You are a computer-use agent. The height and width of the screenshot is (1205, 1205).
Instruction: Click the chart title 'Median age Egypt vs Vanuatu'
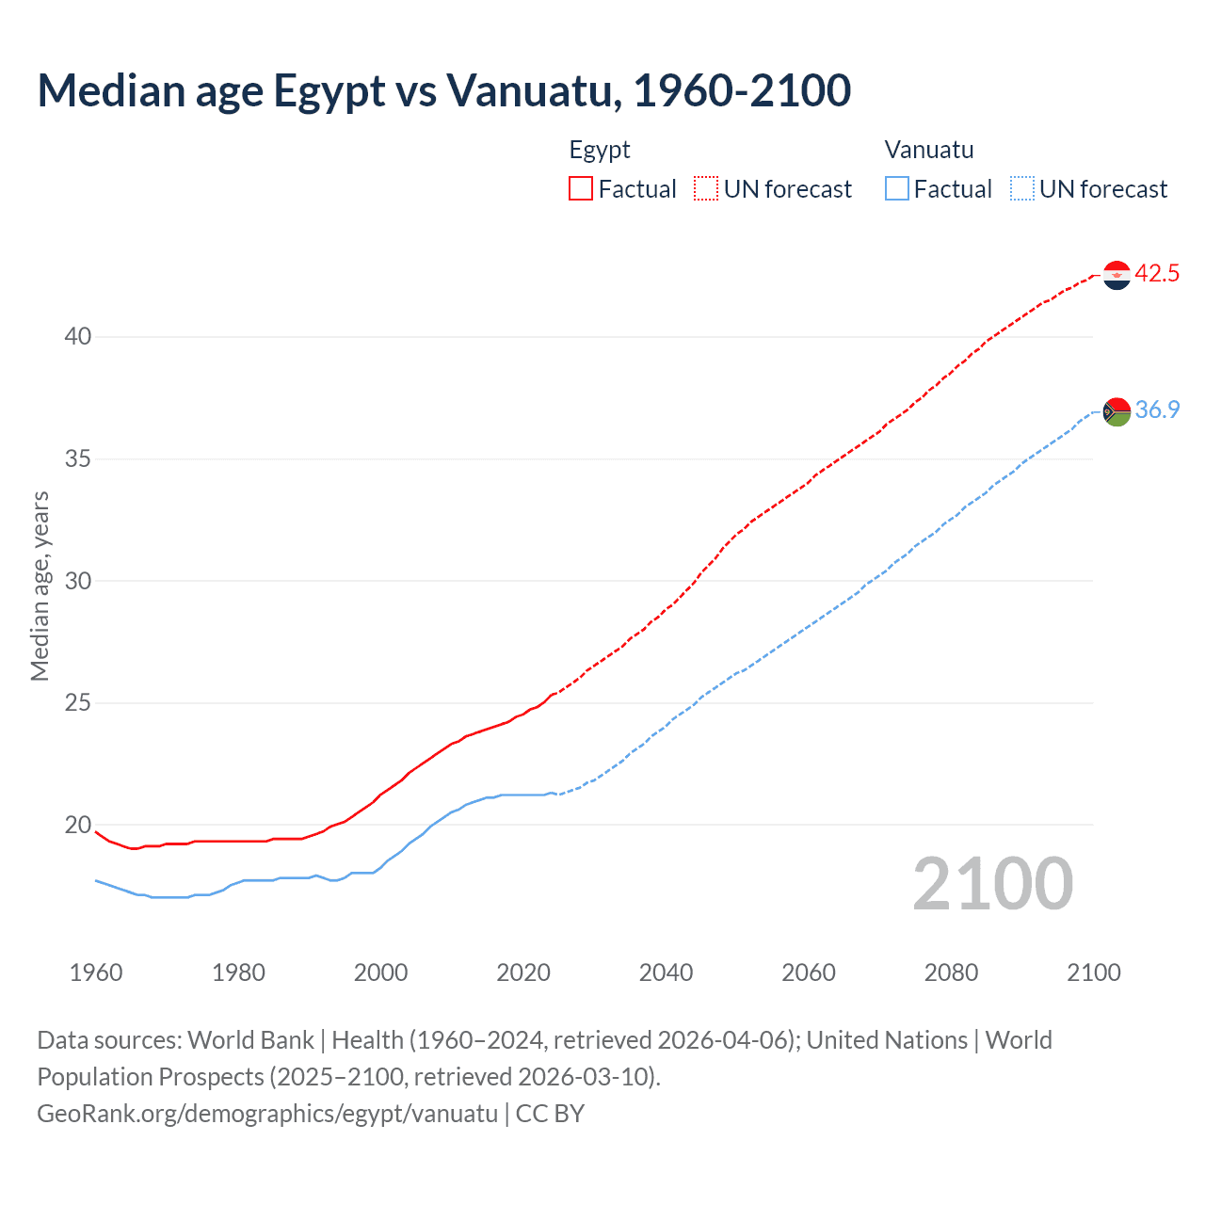(x=443, y=90)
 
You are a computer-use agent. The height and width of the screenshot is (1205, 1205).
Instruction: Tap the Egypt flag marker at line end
(x=1117, y=275)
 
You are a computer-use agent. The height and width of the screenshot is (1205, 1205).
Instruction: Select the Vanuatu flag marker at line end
(x=1117, y=411)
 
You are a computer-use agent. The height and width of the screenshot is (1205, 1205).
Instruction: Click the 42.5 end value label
(x=1157, y=274)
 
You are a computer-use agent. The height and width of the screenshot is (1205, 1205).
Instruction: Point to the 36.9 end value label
(x=1157, y=410)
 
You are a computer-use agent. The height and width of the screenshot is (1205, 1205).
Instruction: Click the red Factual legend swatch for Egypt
(x=581, y=189)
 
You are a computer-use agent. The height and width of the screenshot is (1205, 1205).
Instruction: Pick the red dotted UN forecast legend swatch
(x=706, y=189)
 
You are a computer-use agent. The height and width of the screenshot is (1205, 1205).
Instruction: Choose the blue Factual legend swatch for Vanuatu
(x=897, y=189)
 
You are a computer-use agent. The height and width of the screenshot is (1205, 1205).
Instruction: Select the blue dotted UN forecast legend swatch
(x=1022, y=189)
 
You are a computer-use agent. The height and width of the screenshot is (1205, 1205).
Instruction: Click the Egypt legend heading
(x=600, y=150)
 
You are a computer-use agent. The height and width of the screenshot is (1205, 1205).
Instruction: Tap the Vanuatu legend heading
(x=929, y=150)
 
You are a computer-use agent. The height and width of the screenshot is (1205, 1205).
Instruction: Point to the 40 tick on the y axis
(x=78, y=336)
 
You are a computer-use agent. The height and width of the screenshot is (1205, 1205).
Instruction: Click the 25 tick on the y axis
(x=78, y=702)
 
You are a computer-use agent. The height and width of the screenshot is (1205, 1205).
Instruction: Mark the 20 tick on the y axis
(x=78, y=825)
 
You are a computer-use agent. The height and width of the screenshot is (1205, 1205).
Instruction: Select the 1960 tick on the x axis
(x=96, y=972)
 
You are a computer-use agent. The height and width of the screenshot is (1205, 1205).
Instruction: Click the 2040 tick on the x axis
(x=666, y=972)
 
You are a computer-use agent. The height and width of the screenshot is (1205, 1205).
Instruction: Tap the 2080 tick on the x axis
(x=951, y=972)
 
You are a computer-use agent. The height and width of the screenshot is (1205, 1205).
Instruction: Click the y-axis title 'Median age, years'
(x=40, y=586)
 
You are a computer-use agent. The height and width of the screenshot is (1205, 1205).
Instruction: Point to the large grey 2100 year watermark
(x=992, y=884)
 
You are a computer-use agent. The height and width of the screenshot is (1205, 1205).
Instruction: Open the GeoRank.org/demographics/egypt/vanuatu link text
(x=267, y=1114)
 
